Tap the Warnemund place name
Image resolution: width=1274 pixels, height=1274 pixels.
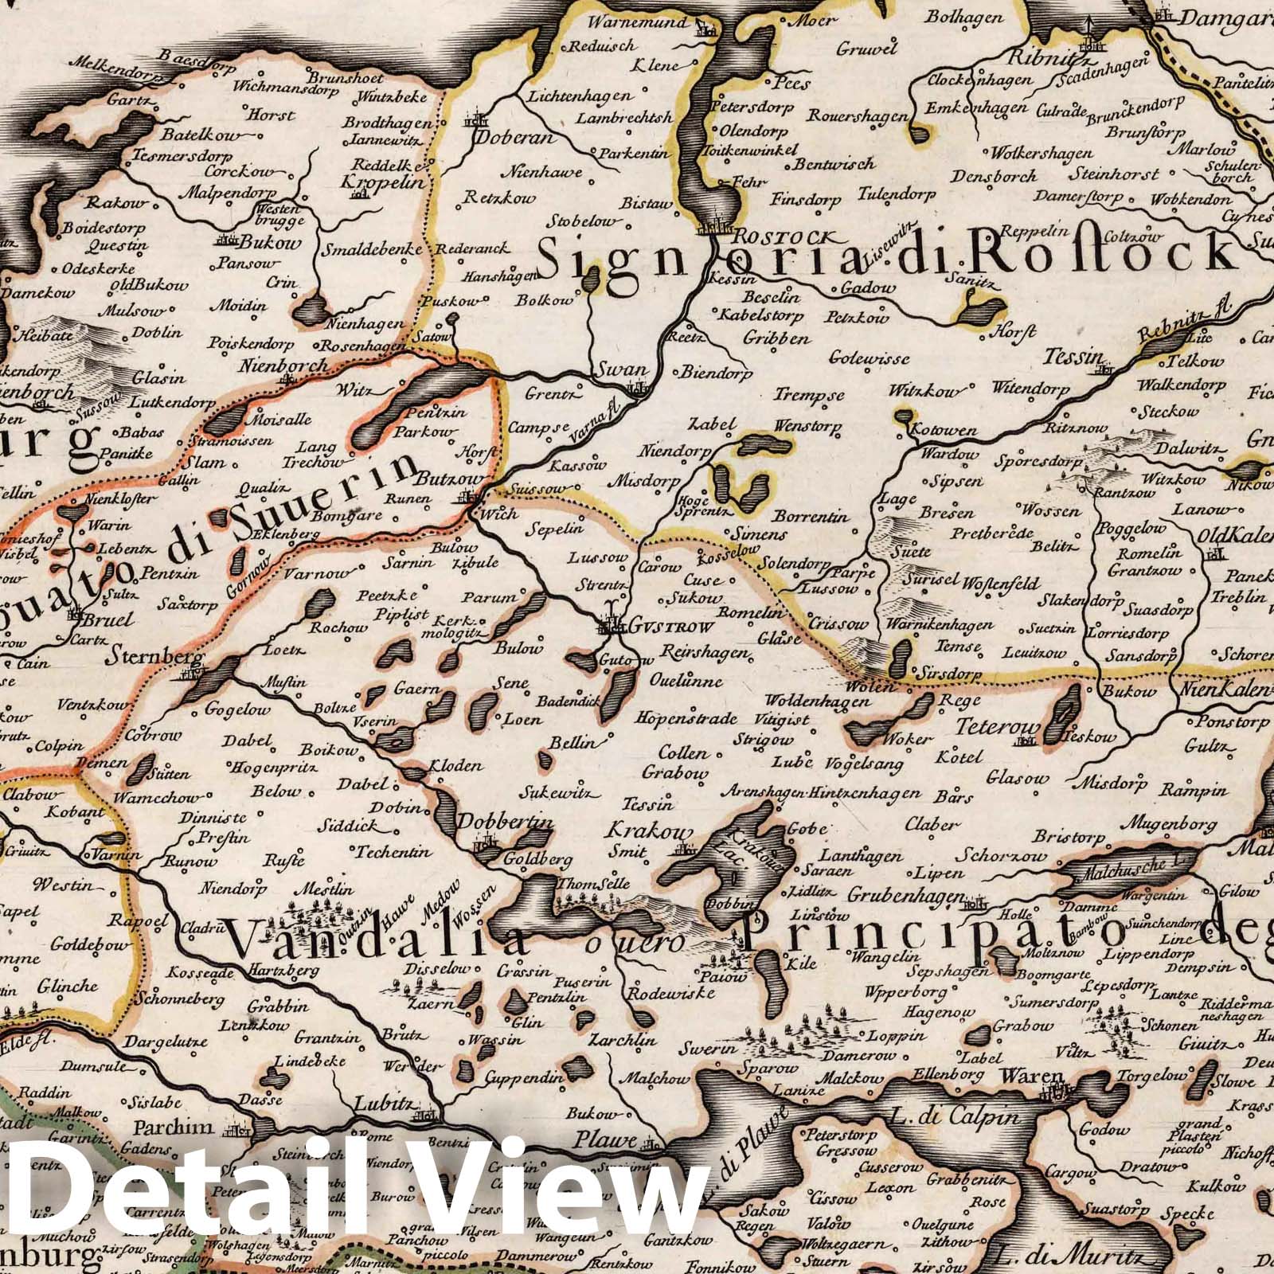click(x=639, y=21)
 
